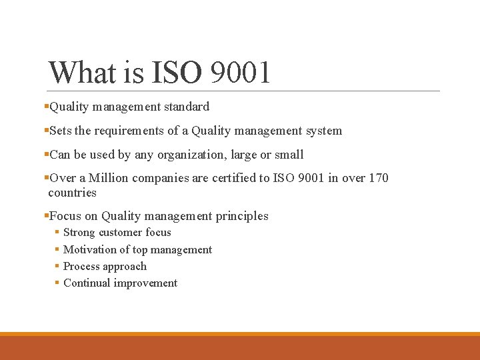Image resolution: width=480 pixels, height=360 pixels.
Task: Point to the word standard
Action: pyautogui.click(x=186, y=107)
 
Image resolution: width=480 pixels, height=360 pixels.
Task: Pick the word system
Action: pyautogui.click(x=324, y=131)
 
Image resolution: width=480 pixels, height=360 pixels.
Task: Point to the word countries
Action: pyautogui.click(x=72, y=193)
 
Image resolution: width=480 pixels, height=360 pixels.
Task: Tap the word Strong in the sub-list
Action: pyautogui.click(x=79, y=233)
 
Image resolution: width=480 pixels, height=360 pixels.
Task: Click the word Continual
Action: pyautogui.click(x=87, y=283)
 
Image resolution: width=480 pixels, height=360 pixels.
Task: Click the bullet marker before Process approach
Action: pyautogui.click(x=56, y=267)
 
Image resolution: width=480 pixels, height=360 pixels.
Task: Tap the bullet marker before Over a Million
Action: pyautogui.click(x=46, y=178)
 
